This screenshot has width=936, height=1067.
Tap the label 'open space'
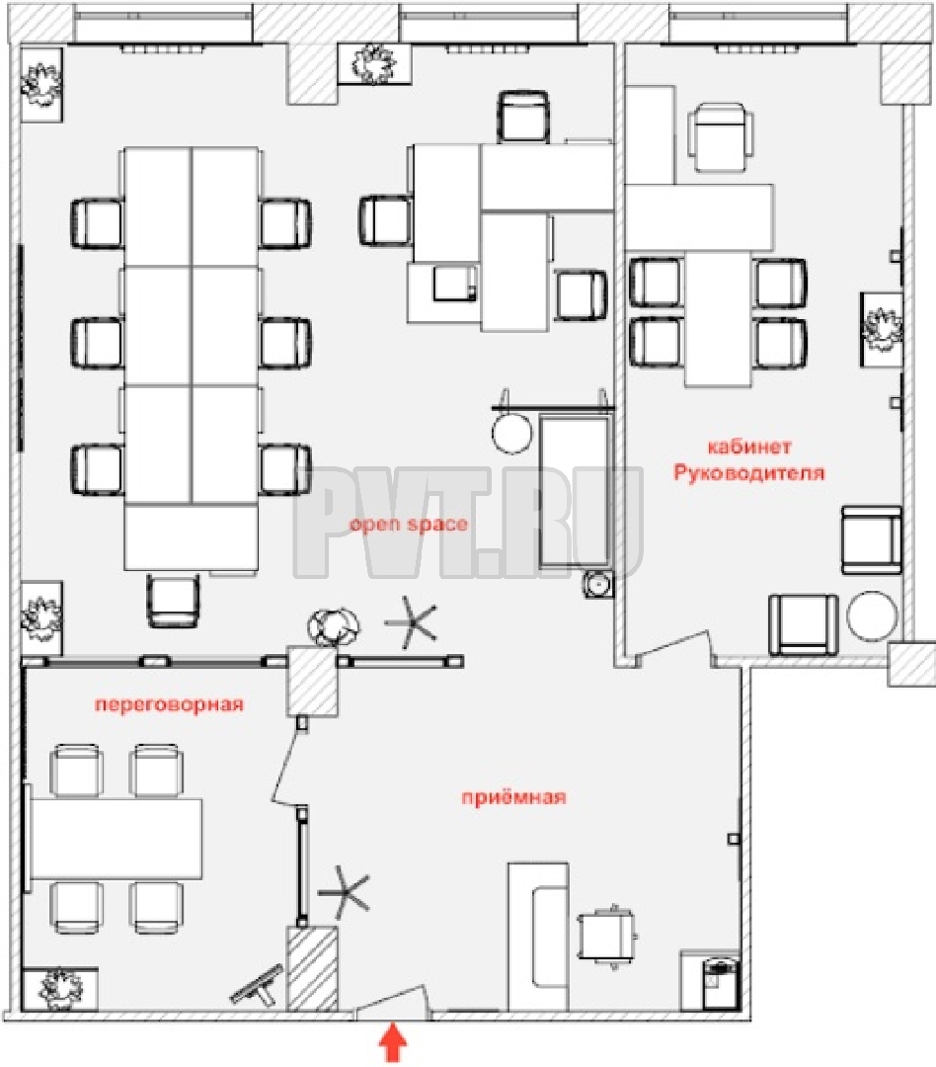pos(409,525)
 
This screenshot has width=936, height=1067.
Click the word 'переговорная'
pos(170,704)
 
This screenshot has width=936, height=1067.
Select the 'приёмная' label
pos(514,797)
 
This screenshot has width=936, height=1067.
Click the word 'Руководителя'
pos(749,473)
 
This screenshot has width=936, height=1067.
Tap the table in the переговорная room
pos(116,839)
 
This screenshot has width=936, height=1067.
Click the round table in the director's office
pos(872,616)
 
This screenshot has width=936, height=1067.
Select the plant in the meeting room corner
pos(60,989)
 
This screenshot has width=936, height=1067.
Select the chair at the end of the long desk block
pos(174,601)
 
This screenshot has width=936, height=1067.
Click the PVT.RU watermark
pos(469,524)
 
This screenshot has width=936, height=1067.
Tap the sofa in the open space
pos(576,493)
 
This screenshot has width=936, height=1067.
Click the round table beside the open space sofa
pos(511,432)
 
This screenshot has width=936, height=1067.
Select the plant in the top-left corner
pos(41,84)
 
